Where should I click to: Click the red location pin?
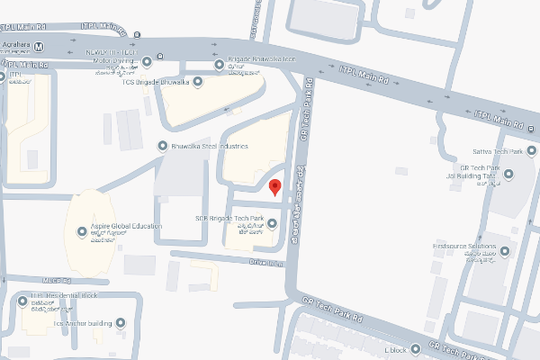click(x=275, y=187)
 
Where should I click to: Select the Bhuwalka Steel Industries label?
click(x=209, y=146)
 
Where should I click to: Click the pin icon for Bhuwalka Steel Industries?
click(x=163, y=146)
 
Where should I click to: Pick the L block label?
click(x=396, y=348)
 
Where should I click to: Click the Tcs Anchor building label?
click(x=83, y=322)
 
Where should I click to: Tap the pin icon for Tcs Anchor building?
click(x=121, y=322)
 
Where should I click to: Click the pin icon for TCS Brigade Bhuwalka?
click(x=199, y=82)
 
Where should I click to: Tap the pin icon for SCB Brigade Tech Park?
click(x=271, y=224)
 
